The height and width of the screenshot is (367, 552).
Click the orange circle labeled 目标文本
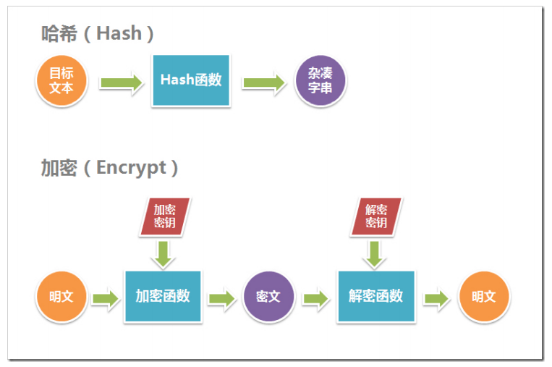pyautogui.click(x=61, y=81)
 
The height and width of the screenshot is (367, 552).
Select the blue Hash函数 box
pyautogui.click(x=191, y=80)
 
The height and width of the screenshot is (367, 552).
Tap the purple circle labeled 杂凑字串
pyautogui.click(x=320, y=81)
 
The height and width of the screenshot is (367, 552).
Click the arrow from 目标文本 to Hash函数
pyautogui.click(x=121, y=82)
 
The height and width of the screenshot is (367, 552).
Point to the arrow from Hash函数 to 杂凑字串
pyautogui.click(x=264, y=82)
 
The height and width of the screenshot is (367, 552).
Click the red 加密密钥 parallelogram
pyautogui.click(x=164, y=216)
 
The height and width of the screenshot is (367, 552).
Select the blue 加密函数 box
pyautogui.click(x=163, y=296)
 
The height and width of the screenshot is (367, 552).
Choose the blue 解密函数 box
pyautogui.click(x=375, y=296)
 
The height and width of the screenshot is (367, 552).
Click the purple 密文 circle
pyautogui.click(x=268, y=297)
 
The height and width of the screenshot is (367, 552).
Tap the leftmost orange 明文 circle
pyautogui.click(x=61, y=297)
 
